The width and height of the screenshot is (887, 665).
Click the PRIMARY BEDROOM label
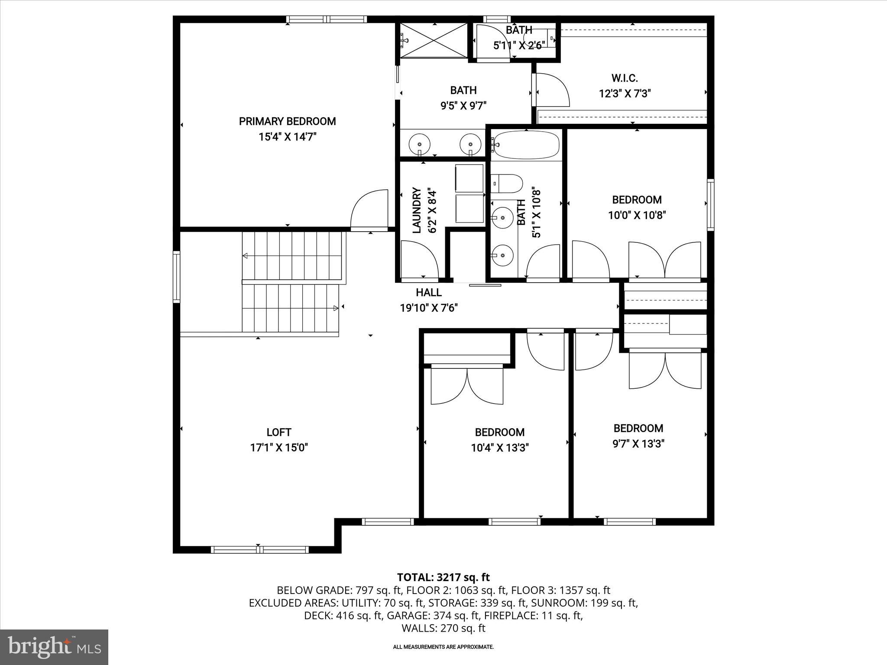coord(287,121)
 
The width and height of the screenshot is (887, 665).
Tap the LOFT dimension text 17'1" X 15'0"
coord(278,448)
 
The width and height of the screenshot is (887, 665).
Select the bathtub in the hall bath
coord(526,145)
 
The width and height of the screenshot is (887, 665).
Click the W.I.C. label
coord(625,78)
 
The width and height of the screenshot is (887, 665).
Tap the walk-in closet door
coord(552,90)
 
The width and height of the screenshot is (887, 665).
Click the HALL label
coord(428,293)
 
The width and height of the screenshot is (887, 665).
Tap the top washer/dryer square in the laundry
coord(469,177)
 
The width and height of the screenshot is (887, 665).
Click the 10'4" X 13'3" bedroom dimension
coord(500,448)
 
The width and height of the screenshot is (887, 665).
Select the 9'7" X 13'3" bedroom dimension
coord(638,444)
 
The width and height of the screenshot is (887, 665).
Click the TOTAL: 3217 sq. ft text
coord(443,577)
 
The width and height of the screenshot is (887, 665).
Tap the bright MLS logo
coord(54,646)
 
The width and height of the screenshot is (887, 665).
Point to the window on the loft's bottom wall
coord(259,549)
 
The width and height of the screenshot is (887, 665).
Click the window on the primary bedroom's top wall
coord(326,19)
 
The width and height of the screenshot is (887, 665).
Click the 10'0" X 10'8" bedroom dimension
coord(636,215)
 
